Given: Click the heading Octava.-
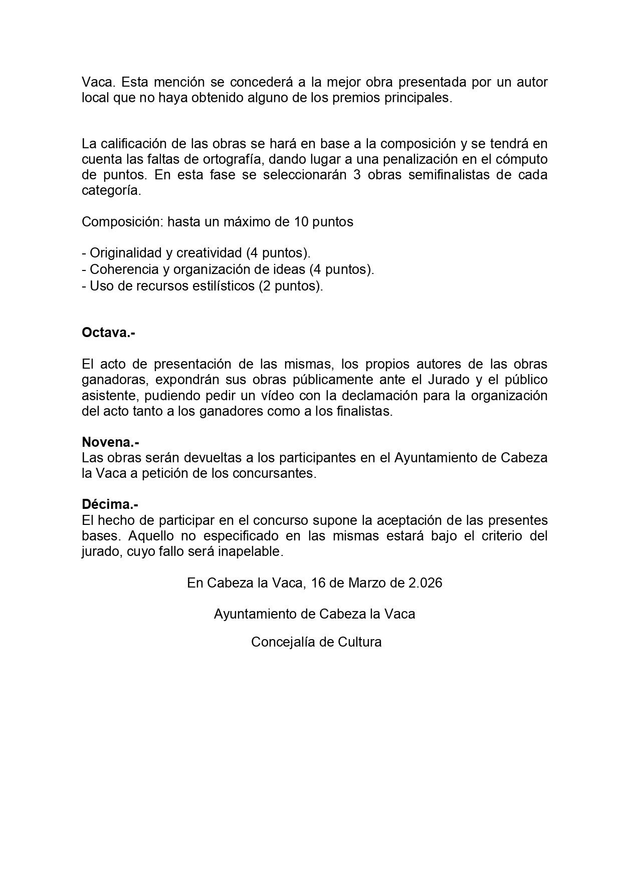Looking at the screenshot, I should tap(108, 333).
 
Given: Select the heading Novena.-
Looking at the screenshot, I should tap(110, 442).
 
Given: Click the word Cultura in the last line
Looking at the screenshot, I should tap(360, 642).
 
